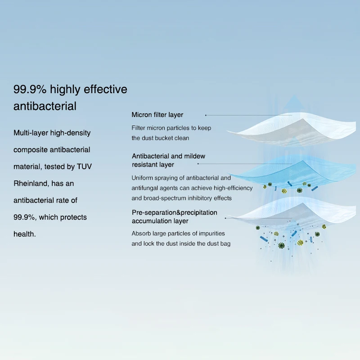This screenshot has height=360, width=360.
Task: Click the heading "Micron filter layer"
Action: (x=157, y=115)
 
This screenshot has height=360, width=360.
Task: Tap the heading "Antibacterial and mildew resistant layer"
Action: (x=168, y=160)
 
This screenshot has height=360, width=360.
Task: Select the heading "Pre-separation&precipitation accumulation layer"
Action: (x=175, y=216)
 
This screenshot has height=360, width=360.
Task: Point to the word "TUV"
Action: (x=84, y=166)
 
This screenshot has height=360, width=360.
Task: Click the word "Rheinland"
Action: (x=31, y=184)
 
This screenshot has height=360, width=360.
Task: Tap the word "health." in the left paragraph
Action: (x=25, y=234)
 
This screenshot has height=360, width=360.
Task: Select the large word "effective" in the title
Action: (x=105, y=89)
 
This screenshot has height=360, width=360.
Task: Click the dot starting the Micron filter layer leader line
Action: (x=206, y=115)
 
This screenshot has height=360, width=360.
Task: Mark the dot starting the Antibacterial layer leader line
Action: (x=198, y=164)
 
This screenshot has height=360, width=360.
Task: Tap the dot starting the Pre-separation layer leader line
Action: (x=225, y=218)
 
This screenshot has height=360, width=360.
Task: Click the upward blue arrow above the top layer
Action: (x=295, y=104)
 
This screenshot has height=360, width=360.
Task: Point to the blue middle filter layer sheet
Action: (x=296, y=172)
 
